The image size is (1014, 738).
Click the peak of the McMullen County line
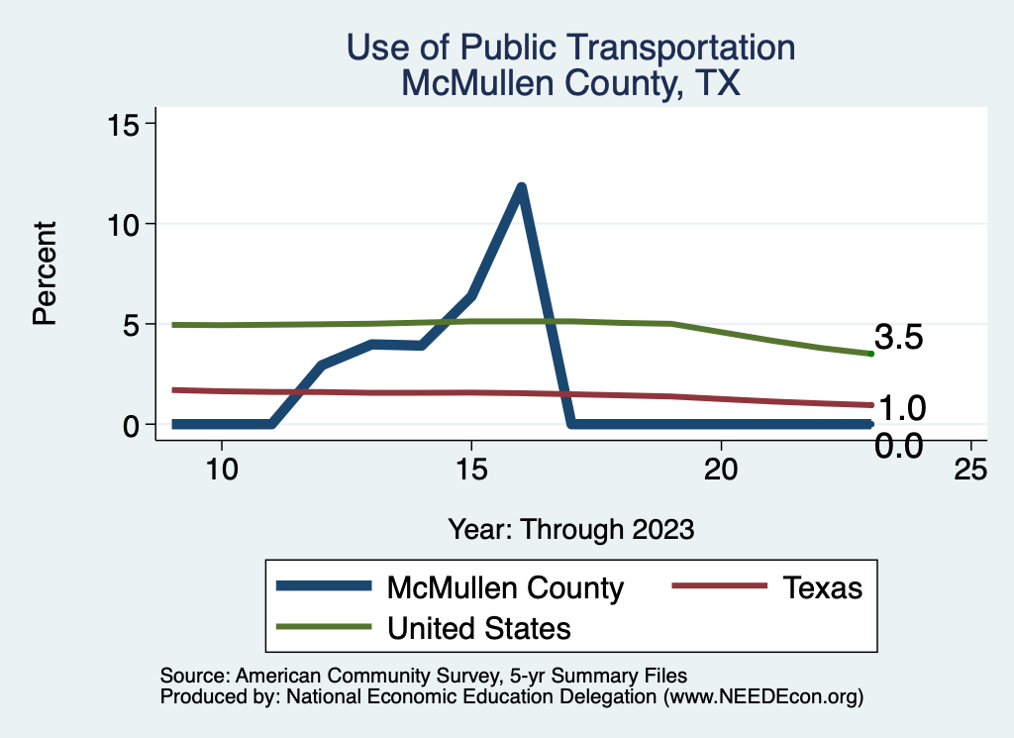click(521, 187)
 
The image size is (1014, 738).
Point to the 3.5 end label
click(899, 338)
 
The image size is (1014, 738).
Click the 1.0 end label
click(901, 407)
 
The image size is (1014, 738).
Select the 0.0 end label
click(899, 447)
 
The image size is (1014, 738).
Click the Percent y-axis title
click(44, 273)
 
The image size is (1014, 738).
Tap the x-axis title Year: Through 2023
click(570, 528)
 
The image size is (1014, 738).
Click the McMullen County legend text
click(505, 587)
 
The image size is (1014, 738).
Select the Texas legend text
click(822, 587)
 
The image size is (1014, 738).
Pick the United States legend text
click(479, 627)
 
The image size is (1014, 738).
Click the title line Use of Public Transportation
click(570, 47)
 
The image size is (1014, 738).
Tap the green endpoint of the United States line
click(870, 354)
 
